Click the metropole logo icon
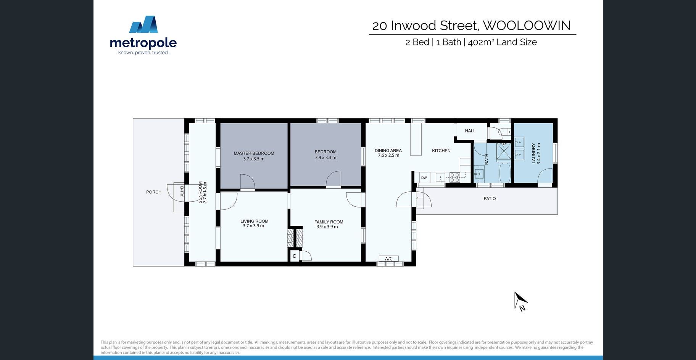point(143,24)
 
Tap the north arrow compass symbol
point(520,301)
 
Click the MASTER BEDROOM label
point(254,153)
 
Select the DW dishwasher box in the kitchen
point(424,178)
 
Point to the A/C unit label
point(388,259)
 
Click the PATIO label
point(490,199)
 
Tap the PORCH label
point(154,192)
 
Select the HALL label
point(470,131)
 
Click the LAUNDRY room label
point(533,154)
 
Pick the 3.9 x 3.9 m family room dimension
point(327,227)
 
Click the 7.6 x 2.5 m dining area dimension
point(388,155)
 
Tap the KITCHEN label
point(441,151)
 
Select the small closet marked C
point(294,256)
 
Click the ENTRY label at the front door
point(182,191)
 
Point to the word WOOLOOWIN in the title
point(527,26)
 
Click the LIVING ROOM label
point(254,221)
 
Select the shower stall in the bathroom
point(504,151)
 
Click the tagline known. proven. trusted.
point(143,53)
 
